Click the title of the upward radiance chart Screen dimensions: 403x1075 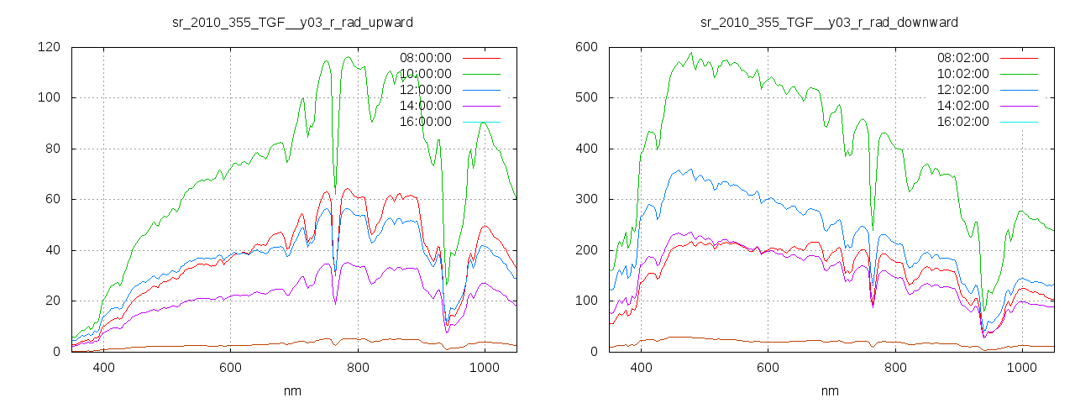coord(291,21)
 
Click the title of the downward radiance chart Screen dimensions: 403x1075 coord(829,21)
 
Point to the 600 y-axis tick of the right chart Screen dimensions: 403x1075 coord(585,47)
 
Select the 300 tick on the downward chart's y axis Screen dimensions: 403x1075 coord(585,199)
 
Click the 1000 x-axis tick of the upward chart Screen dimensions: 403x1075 coord(485,367)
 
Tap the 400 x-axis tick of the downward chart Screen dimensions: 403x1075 coord(641,367)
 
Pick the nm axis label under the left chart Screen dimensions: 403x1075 coord(292,390)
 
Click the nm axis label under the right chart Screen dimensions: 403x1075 coord(830,390)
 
